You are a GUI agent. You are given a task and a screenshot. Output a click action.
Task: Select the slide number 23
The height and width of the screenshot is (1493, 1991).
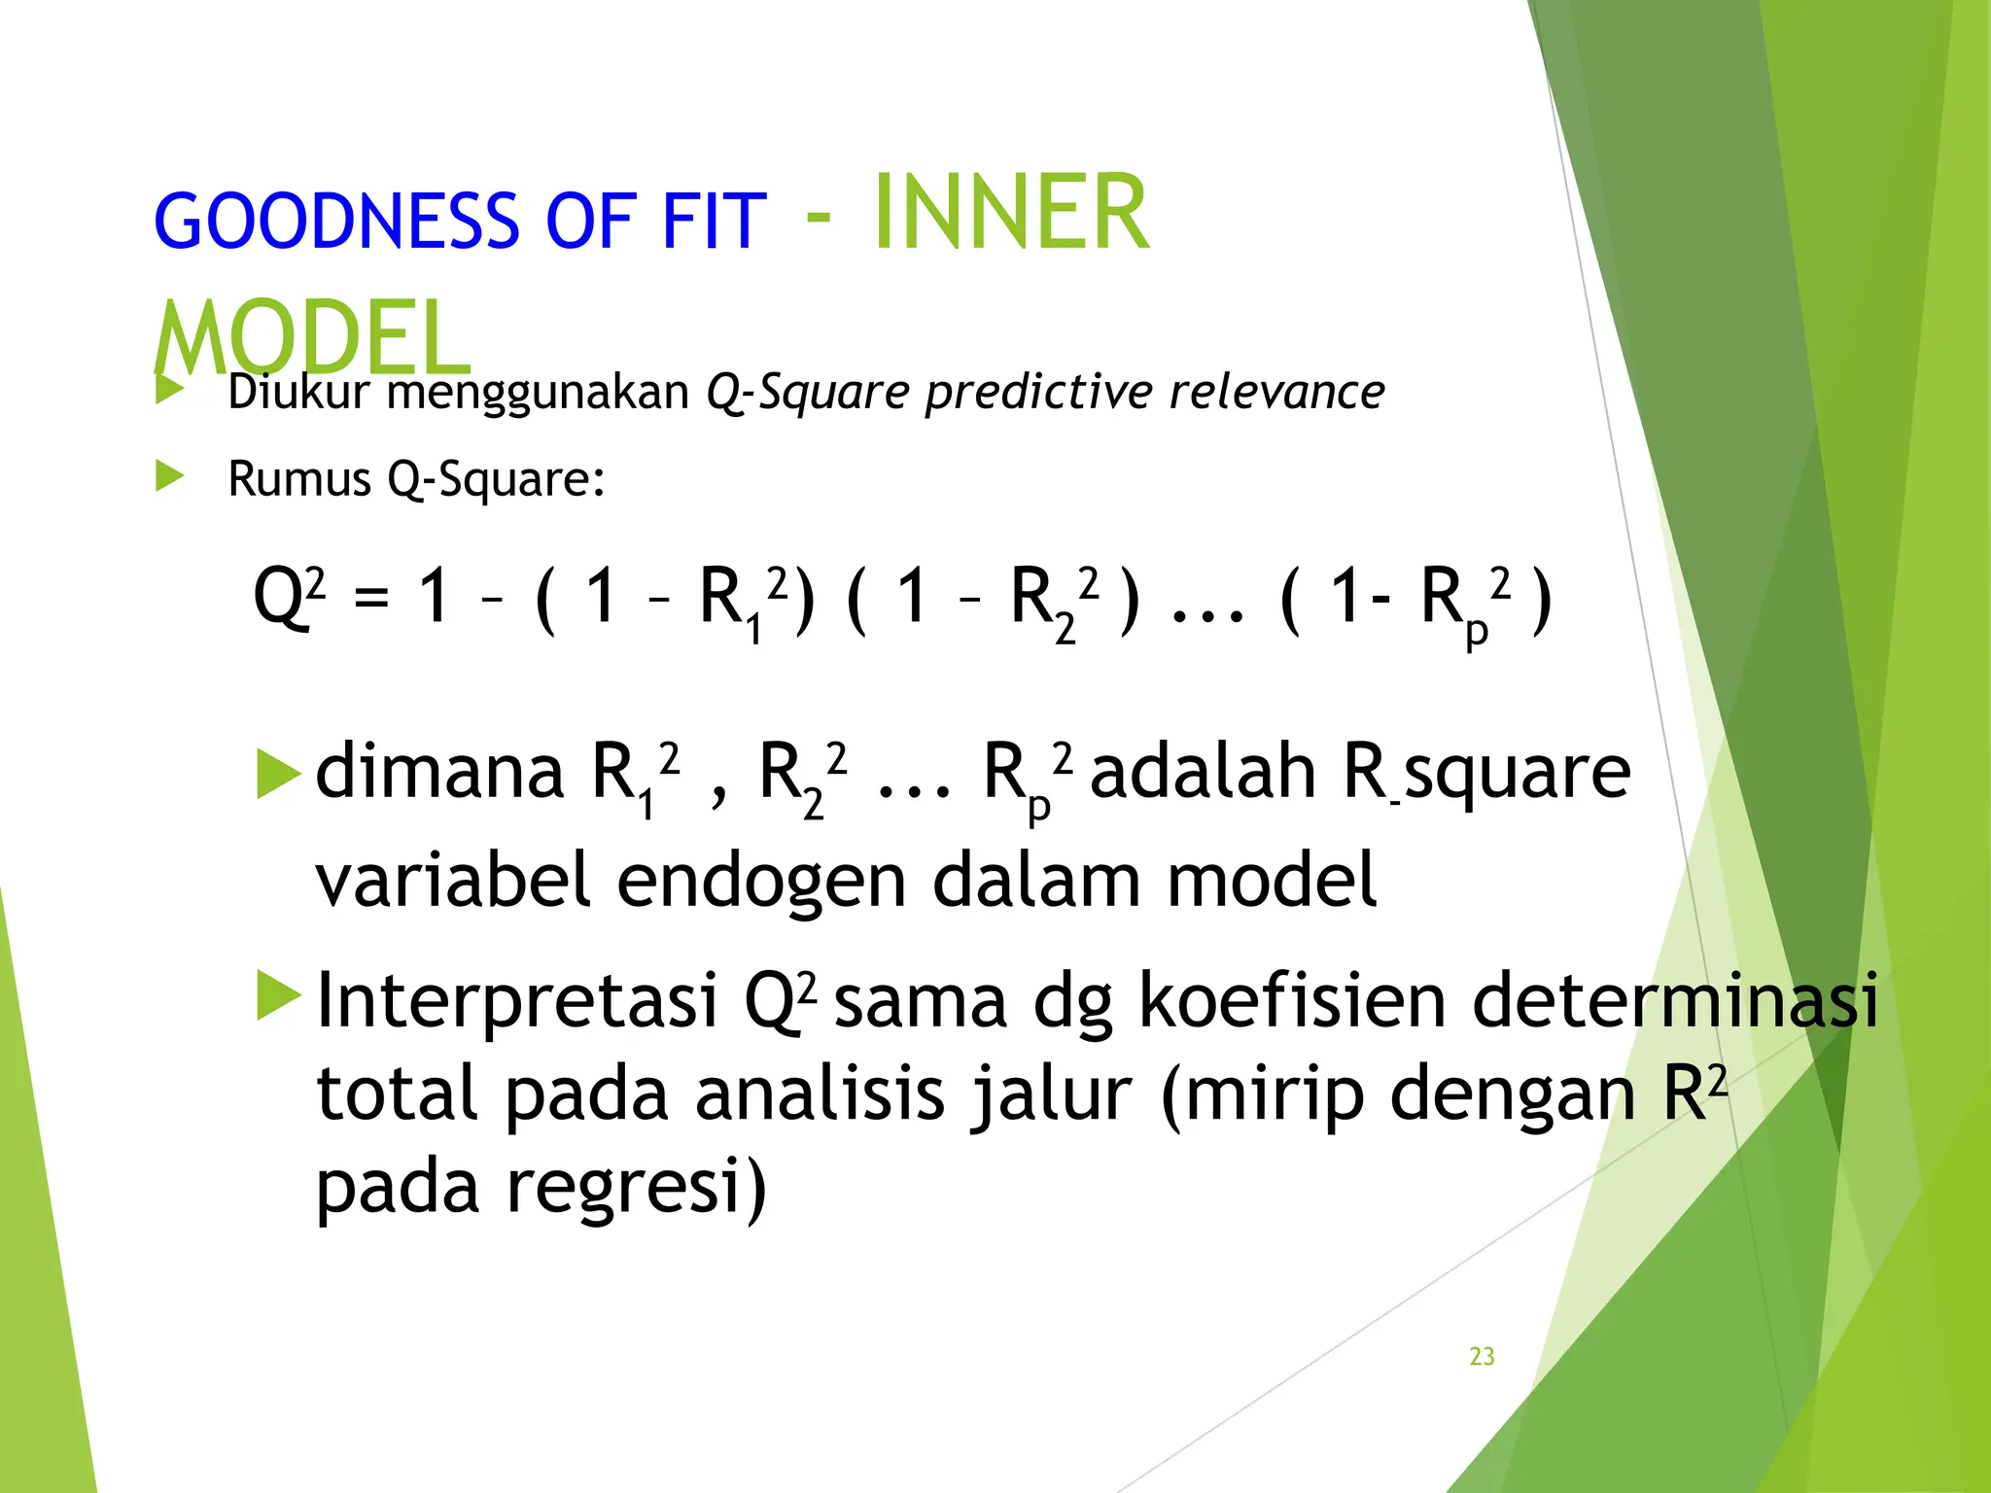[x=1482, y=1356]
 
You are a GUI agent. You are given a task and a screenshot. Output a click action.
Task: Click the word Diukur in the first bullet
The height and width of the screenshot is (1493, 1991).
[x=298, y=393]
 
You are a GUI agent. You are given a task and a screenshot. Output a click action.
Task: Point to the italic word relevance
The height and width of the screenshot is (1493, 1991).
[x=1276, y=393]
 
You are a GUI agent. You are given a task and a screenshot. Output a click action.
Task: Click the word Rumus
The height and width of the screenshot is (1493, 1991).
[x=298, y=479]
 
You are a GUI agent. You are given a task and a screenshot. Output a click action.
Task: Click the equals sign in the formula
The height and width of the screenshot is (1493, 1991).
[x=371, y=599]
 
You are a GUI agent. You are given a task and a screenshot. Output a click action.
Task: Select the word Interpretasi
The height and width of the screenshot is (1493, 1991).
[x=517, y=1000]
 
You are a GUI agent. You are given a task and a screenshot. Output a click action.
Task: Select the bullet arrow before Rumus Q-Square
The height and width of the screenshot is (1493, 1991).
[x=170, y=476]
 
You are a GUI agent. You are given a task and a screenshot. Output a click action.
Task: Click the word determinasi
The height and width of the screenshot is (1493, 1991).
[x=1675, y=1000]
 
